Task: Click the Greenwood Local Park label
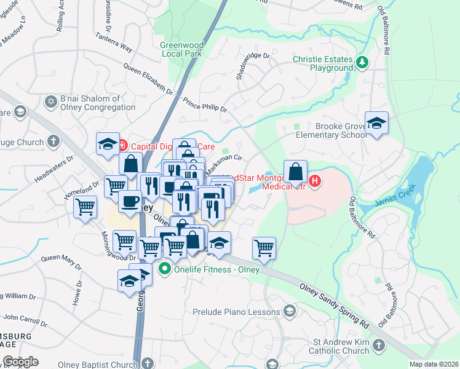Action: [x=181, y=50]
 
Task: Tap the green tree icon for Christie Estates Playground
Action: [x=363, y=62]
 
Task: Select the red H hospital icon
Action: [x=315, y=180]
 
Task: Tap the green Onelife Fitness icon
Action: [x=164, y=269]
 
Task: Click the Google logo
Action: [x=20, y=361]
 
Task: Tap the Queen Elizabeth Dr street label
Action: [x=148, y=79]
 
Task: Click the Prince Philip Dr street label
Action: [x=205, y=105]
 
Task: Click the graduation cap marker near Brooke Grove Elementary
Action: [x=376, y=123]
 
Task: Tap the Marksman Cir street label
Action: [x=223, y=164]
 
